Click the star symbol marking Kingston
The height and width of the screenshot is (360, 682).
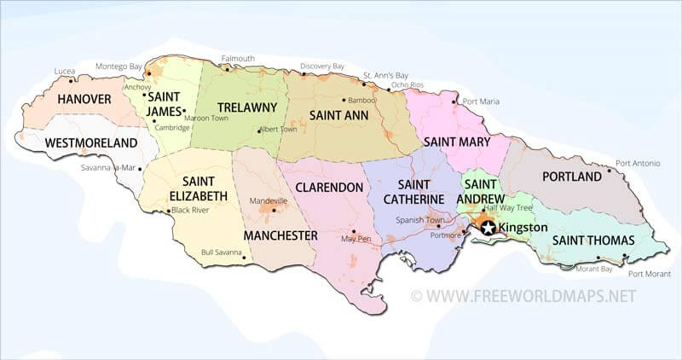(x=488, y=228)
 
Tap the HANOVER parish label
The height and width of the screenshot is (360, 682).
(x=84, y=100)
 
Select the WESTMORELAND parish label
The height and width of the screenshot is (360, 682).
(x=90, y=142)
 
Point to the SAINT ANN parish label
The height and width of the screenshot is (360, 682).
(x=338, y=114)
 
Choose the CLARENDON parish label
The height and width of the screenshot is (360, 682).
(x=327, y=187)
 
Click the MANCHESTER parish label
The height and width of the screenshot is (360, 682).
(x=280, y=235)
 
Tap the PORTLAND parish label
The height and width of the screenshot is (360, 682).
(x=572, y=177)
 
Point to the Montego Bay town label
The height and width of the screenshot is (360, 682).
(x=118, y=67)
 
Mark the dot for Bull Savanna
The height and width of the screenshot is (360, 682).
(x=244, y=255)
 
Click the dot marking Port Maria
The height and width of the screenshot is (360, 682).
(x=459, y=102)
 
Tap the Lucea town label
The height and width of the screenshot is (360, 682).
(x=63, y=71)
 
